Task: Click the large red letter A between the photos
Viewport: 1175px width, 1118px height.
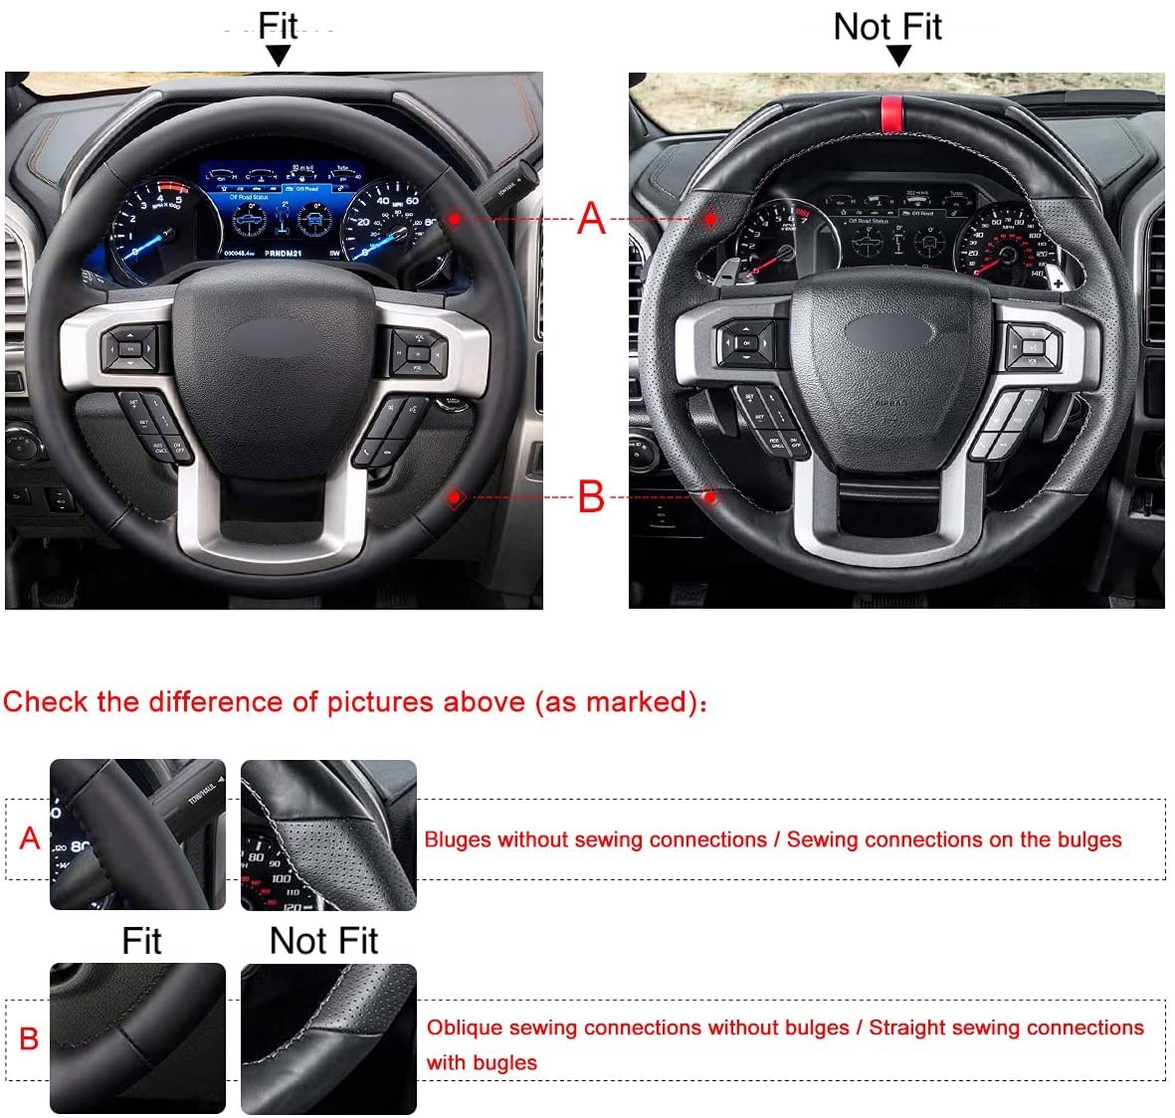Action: (591, 218)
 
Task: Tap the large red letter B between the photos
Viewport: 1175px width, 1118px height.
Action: (591, 495)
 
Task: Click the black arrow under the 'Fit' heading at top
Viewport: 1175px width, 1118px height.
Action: (279, 56)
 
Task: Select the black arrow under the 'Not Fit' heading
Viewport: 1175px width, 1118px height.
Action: (898, 56)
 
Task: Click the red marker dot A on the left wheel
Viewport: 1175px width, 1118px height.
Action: (454, 217)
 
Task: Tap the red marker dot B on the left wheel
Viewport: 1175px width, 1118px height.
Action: (455, 496)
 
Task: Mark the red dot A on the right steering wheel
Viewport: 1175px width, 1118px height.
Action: (710, 218)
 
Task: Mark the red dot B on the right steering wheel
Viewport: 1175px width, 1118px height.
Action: (711, 495)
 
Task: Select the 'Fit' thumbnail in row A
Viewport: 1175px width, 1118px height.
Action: (137, 835)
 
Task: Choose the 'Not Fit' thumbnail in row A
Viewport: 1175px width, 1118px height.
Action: (328, 835)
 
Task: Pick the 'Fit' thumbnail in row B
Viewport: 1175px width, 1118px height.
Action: (137, 1037)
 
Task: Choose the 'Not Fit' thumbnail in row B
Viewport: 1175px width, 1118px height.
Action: (328, 1037)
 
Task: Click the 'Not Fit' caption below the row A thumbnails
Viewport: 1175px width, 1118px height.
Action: (323, 941)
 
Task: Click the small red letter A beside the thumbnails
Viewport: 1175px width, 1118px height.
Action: (30, 838)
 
